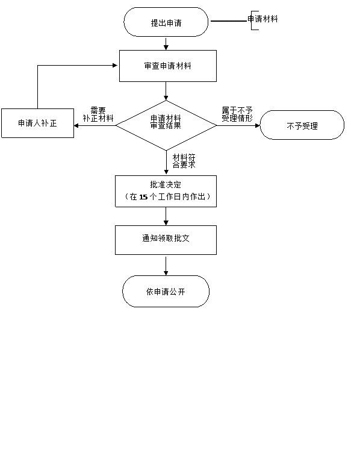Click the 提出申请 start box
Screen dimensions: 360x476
click(166, 22)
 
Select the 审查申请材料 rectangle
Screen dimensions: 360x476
click(168, 66)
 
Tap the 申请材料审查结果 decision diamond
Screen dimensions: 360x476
click(166, 125)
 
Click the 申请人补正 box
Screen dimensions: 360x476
click(37, 124)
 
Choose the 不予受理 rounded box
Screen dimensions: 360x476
click(302, 125)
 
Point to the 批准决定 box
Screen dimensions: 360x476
click(166, 191)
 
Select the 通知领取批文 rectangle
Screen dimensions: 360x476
click(166, 240)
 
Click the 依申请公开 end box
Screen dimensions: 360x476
click(166, 292)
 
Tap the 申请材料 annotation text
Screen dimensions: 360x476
click(262, 19)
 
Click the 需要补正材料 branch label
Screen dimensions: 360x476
click(98, 114)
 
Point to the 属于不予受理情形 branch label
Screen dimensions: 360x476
click(237, 114)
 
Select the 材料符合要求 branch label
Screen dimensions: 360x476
click(184, 161)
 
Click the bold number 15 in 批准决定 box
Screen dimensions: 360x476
click(143, 197)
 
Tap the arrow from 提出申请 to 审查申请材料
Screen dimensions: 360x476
click(166, 43)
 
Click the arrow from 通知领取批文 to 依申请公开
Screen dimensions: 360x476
click(166, 266)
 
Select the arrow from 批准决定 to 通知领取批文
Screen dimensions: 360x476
click(166, 216)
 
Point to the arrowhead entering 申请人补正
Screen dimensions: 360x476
click(76, 125)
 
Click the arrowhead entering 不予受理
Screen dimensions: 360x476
click(258, 125)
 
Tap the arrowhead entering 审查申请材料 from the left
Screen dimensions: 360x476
click(115, 65)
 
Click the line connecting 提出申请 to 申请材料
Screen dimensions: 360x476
click(229, 21)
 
